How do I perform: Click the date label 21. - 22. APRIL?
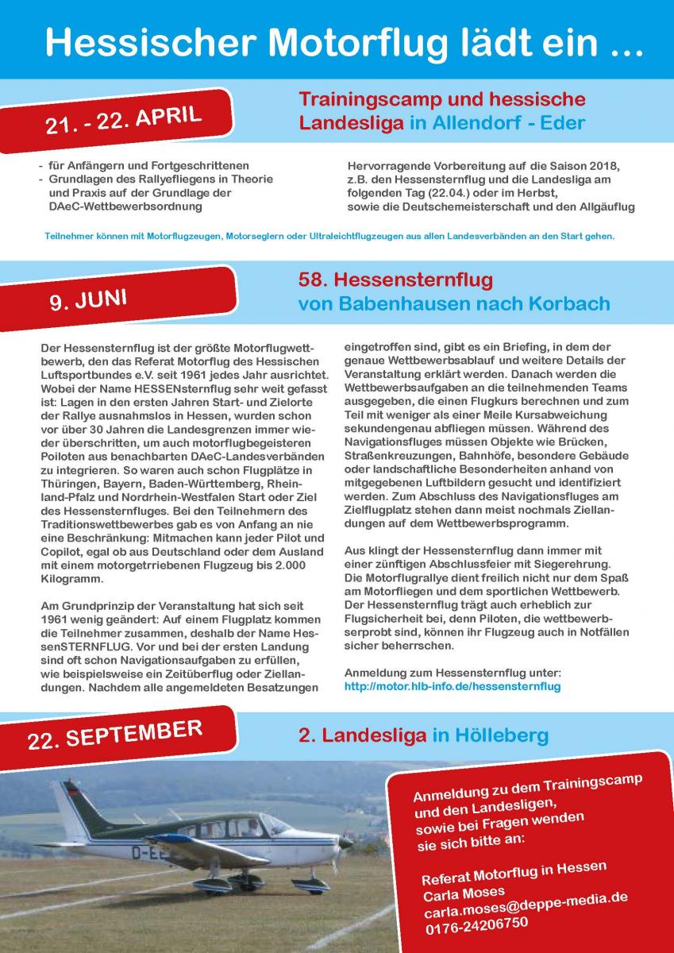click(125, 121)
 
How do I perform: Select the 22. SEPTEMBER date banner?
click(114, 735)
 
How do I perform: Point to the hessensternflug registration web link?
click(453, 686)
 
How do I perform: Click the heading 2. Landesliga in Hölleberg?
click(423, 736)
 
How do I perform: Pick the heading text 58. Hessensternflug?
click(395, 280)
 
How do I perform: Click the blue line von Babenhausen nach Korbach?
click(454, 304)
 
